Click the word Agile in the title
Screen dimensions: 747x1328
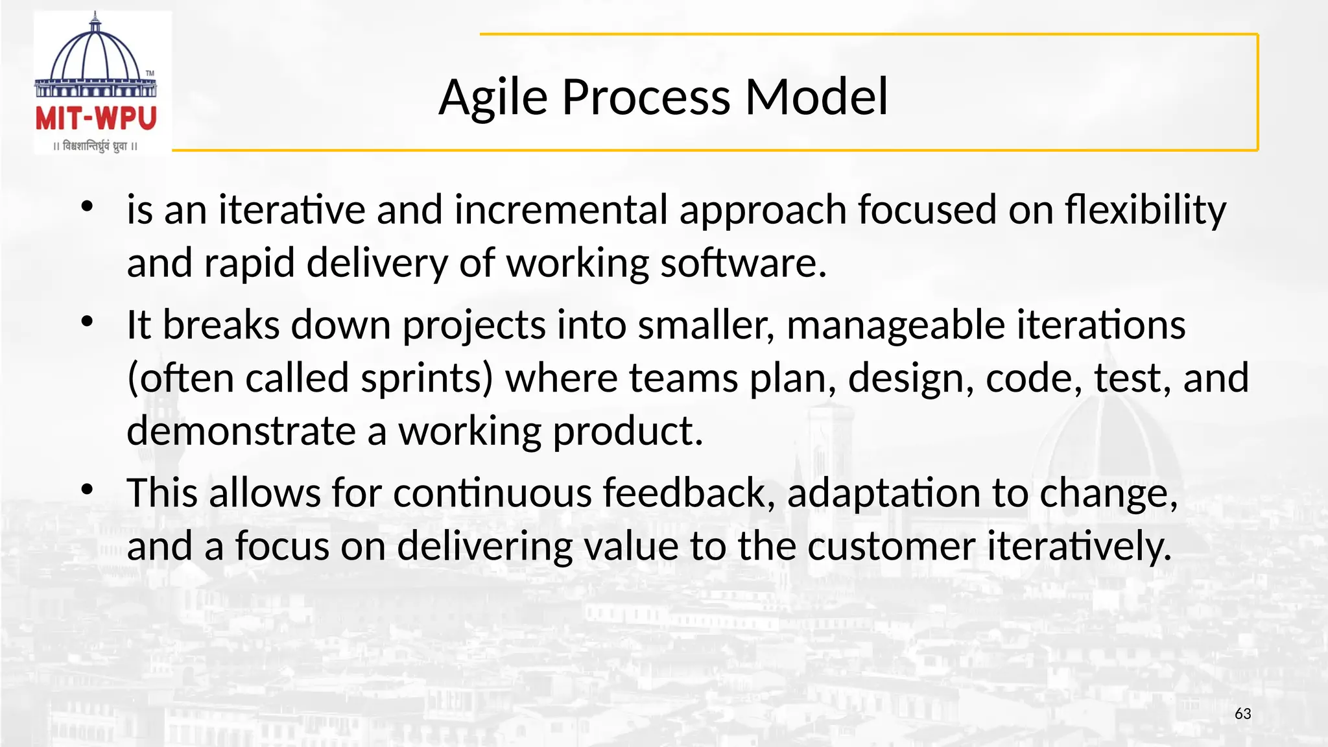(493, 97)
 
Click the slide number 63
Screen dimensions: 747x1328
(1242, 713)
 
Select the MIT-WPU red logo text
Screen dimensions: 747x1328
(96, 119)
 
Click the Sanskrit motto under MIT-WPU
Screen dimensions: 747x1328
(95, 146)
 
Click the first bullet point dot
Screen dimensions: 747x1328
(87, 207)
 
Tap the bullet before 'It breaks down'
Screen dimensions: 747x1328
(87, 322)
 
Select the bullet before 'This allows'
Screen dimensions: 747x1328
(87, 490)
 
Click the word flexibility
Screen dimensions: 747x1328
(1145, 210)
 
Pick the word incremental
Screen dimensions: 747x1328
(561, 210)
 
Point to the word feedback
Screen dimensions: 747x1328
(689, 493)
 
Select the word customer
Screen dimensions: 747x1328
(891, 546)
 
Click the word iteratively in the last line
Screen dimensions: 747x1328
(1079, 546)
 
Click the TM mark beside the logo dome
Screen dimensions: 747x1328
(150, 73)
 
